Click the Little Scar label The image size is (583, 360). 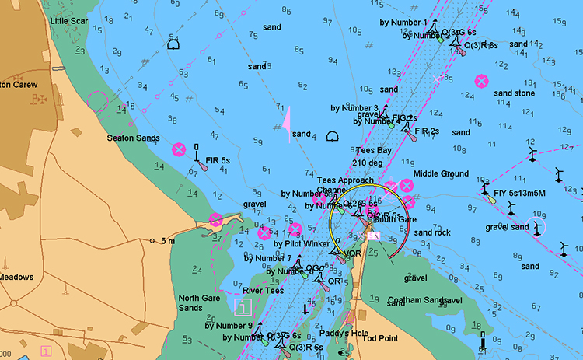(68, 21)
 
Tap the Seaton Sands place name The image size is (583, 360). (133, 138)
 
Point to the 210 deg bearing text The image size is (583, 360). (368, 163)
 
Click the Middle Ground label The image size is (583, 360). (441, 173)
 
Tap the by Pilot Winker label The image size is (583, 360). (302, 243)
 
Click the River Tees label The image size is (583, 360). (264, 291)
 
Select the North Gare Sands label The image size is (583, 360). (201, 302)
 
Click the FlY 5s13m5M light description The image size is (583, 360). (514, 192)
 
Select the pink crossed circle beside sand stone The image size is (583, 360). (481, 80)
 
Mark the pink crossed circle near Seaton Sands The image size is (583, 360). (178, 149)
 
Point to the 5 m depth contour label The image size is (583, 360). (167, 241)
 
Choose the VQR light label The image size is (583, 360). (351, 253)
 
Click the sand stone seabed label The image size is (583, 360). (514, 93)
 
